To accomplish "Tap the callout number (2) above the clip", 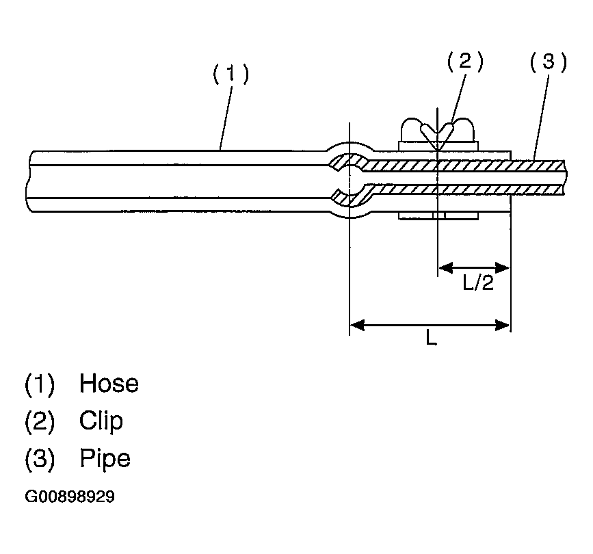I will click(465, 62).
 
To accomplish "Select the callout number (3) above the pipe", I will click(549, 62).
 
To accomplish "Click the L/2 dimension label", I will click(478, 283).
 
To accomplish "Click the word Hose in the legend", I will click(109, 384).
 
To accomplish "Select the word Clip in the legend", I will click(101, 421).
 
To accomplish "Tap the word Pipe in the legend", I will click(104, 458).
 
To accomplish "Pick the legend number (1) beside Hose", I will click(39, 384).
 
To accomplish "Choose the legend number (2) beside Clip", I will click(39, 421).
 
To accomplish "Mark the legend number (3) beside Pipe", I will click(39, 458).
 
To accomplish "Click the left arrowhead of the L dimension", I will click(356, 325).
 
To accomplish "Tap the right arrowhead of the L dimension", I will click(504, 325).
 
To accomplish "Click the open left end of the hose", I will click(29, 180).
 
